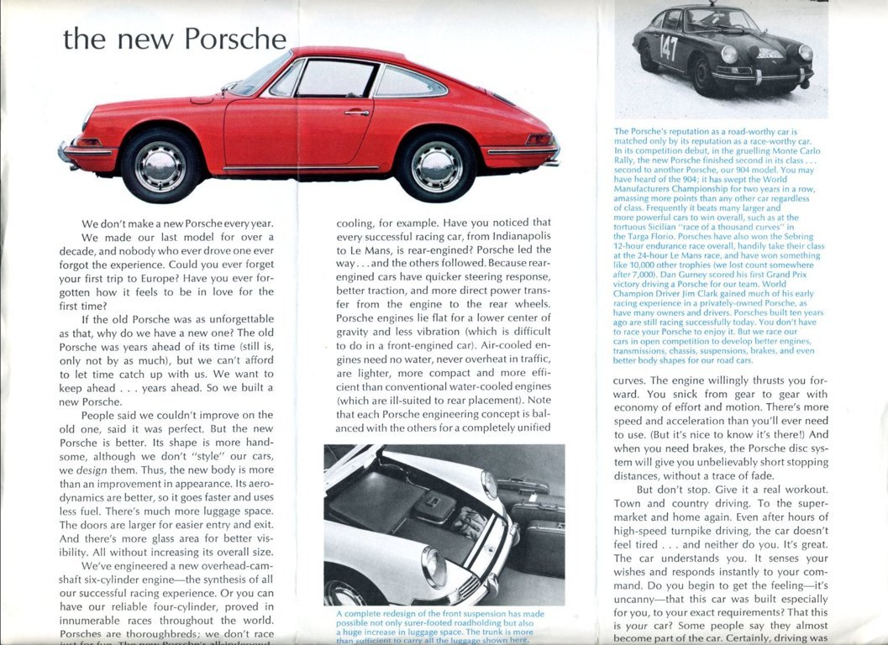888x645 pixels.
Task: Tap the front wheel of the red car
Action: tap(159, 165)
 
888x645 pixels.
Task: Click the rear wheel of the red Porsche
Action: tap(436, 165)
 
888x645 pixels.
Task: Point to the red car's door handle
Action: tap(356, 112)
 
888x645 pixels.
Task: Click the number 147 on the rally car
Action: tap(669, 48)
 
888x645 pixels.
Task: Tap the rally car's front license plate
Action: tap(771, 52)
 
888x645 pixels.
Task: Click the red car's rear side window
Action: tap(408, 81)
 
